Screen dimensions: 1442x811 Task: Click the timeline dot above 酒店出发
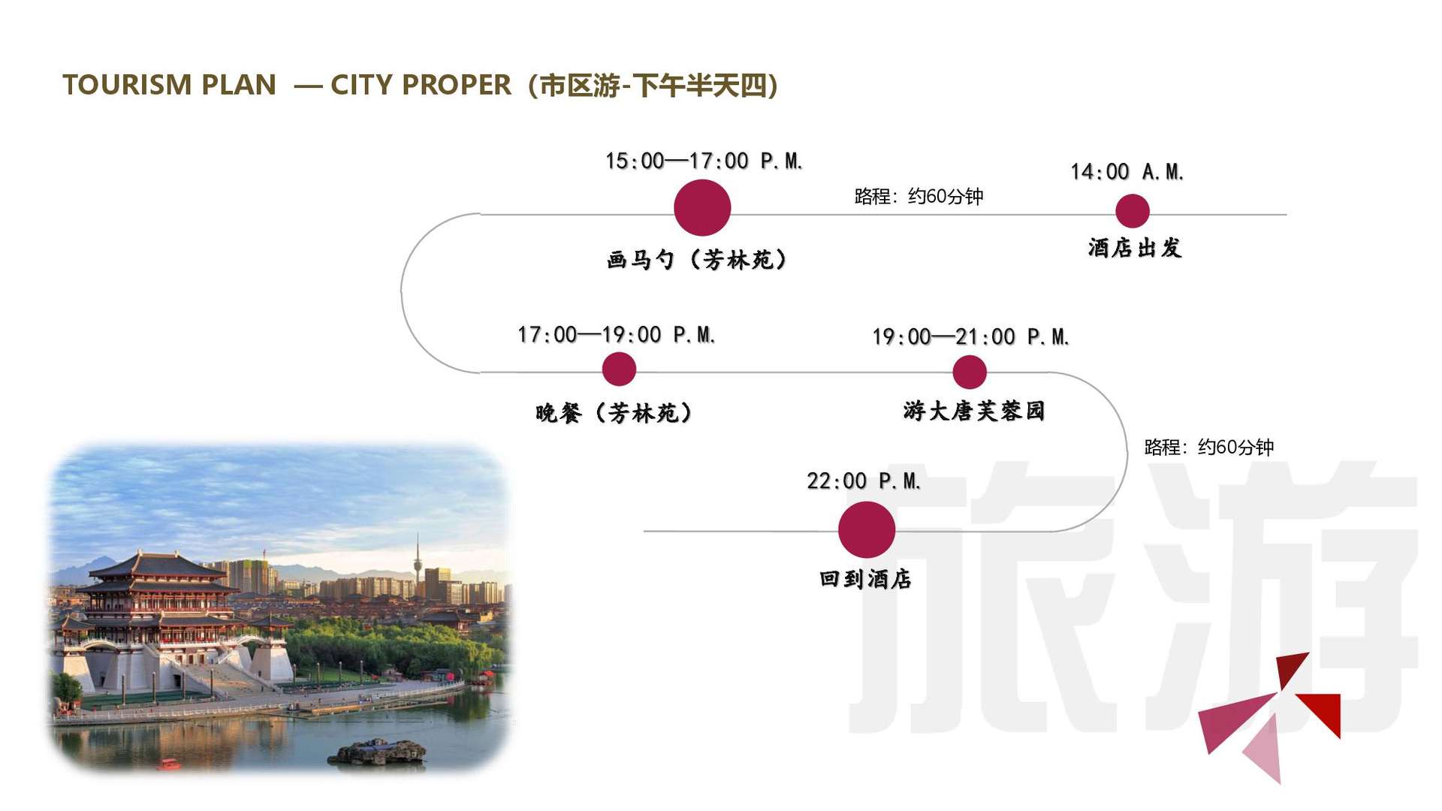[1133, 211]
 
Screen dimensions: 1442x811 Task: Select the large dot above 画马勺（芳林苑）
[702, 208]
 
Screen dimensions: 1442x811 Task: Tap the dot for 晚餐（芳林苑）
[619, 369]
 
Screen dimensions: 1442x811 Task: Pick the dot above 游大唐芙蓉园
[970, 372]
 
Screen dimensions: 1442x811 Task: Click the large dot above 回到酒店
[867, 529]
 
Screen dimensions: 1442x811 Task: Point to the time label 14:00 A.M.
[1127, 172]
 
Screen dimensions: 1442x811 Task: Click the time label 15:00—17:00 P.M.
[704, 161]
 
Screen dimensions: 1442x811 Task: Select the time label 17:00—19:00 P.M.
[616, 334]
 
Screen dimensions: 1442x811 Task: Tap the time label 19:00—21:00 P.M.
[970, 336]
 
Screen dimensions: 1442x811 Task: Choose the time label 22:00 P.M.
[864, 481]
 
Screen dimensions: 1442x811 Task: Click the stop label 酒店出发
[1135, 248]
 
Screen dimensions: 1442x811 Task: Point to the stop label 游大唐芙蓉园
[974, 411]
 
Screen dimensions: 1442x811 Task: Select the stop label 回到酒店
[865, 579]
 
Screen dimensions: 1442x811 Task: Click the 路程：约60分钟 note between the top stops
[919, 197]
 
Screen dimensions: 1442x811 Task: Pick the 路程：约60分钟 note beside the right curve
[1208, 448]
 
